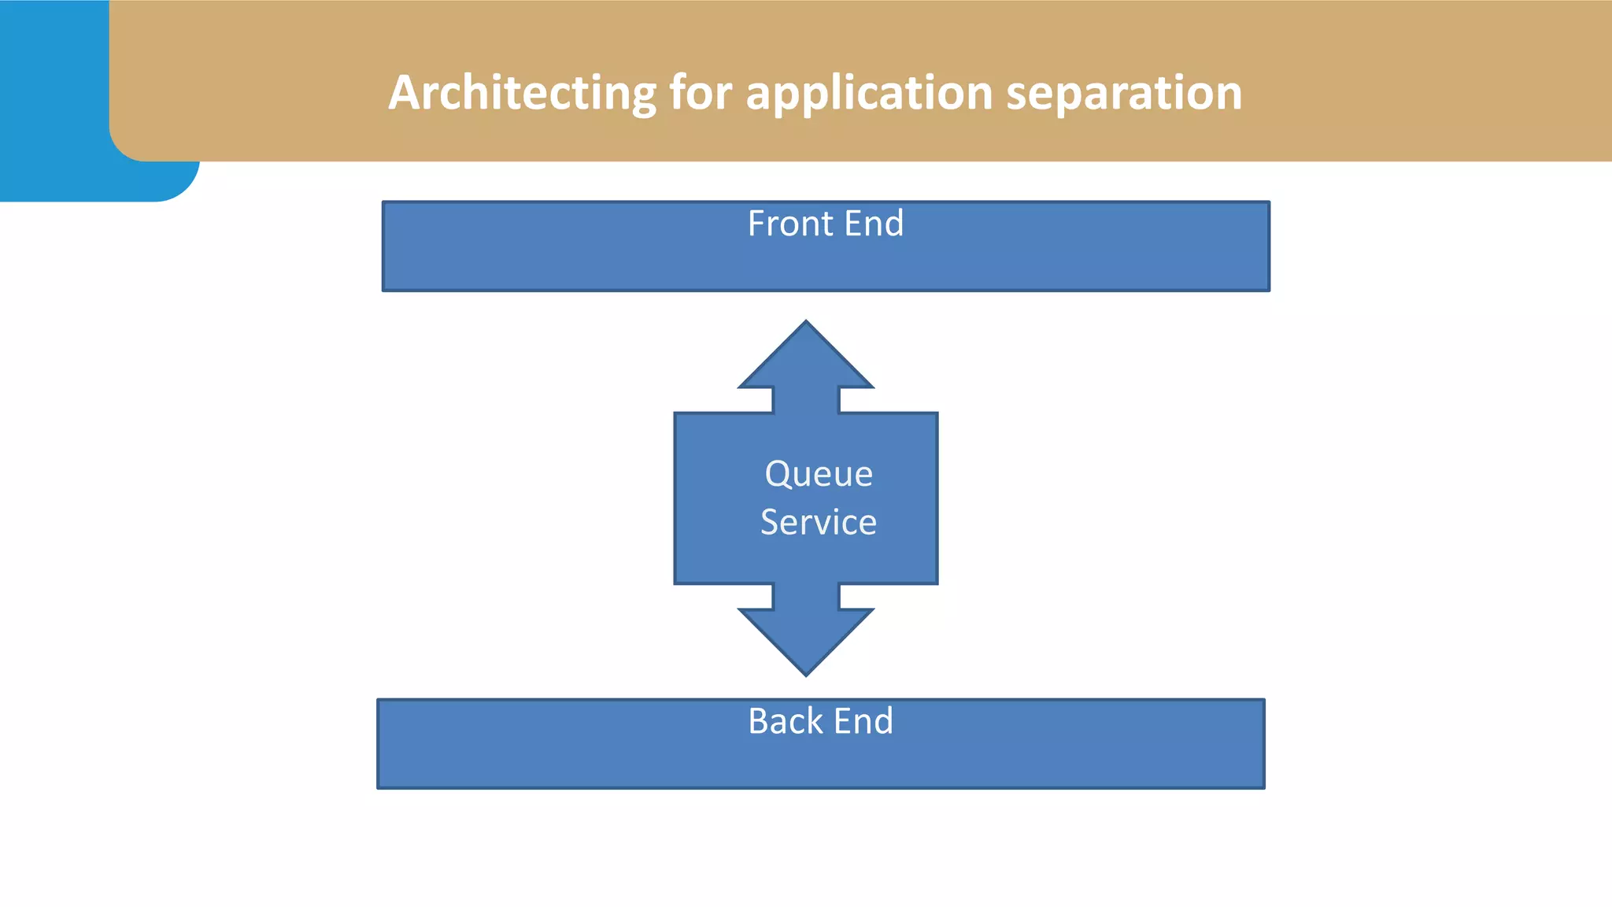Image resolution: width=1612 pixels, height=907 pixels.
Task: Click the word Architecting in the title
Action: pyautogui.click(x=522, y=93)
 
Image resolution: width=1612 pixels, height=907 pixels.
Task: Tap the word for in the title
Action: pyautogui.click(x=702, y=93)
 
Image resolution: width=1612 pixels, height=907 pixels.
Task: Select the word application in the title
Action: pyautogui.click(x=869, y=93)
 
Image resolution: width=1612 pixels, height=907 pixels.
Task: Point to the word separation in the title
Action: pyautogui.click(x=1124, y=93)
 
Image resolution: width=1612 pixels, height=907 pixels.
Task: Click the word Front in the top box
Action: pyautogui.click(x=789, y=224)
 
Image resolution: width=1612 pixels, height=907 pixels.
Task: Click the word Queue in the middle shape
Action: pyautogui.click(x=819, y=474)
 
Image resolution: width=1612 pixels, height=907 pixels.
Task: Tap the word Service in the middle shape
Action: pyautogui.click(x=819, y=523)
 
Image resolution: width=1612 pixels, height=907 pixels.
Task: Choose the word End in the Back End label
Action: pyautogui.click(x=863, y=721)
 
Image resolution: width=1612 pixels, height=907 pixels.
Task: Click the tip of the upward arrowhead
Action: pyautogui.click(x=806, y=321)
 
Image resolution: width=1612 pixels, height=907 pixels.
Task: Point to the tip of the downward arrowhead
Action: pyautogui.click(x=806, y=675)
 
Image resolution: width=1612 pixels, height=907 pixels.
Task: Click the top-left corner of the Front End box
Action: pyautogui.click(x=383, y=202)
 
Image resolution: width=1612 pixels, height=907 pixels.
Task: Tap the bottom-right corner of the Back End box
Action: pyautogui.click(x=1264, y=787)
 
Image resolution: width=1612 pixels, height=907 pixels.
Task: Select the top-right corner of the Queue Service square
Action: pyautogui.click(x=937, y=413)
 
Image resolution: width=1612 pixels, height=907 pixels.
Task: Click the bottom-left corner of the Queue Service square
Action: pyautogui.click(x=675, y=583)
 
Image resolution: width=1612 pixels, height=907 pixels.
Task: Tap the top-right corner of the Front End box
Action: pyautogui.click(x=1269, y=202)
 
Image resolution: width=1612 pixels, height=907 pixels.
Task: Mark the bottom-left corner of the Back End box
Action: pyautogui.click(x=379, y=787)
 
